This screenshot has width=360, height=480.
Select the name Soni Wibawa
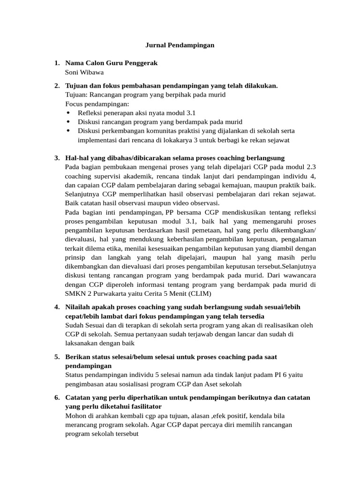[84, 72]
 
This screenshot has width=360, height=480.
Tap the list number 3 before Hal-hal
[57, 157]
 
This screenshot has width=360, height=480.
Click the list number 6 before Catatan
[57, 397]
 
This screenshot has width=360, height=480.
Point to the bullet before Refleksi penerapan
[69, 113]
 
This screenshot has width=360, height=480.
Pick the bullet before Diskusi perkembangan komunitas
[69, 131]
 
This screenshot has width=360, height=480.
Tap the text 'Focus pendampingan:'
[97, 104]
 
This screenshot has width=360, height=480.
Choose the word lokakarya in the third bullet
[187, 140]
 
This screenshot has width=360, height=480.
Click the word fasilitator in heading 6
[143, 406]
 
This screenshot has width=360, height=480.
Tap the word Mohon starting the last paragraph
[75, 416]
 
